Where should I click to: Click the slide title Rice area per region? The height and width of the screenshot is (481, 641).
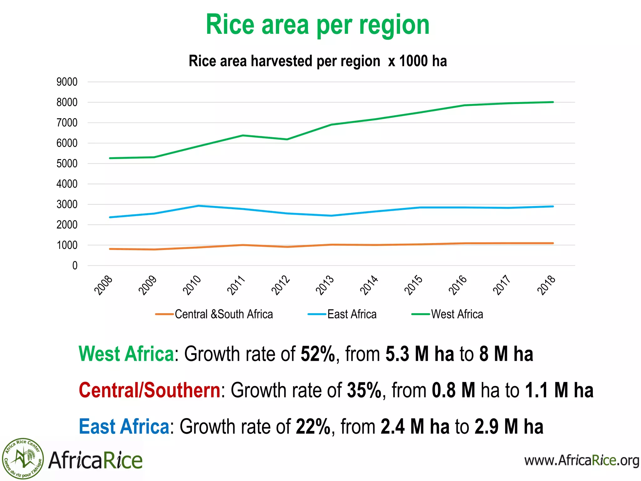(317, 25)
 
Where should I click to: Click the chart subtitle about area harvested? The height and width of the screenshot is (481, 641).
(317, 61)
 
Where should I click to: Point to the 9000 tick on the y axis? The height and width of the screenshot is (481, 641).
(67, 82)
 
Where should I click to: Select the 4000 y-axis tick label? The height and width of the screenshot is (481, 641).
(67, 184)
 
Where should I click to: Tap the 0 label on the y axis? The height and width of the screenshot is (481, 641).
(74, 266)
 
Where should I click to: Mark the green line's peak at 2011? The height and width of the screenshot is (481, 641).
(243, 135)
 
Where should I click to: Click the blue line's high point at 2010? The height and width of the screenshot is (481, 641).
(199, 206)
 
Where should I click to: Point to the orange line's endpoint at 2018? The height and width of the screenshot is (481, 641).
(553, 243)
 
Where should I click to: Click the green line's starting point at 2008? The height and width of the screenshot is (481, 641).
(110, 158)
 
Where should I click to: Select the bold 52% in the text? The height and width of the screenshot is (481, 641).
(317, 354)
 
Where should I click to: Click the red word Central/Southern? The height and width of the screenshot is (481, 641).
(150, 390)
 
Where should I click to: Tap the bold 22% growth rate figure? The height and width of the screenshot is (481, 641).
(313, 427)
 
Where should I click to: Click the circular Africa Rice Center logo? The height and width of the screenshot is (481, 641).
(23, 459)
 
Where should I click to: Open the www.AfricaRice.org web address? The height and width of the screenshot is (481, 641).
(582, 460)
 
